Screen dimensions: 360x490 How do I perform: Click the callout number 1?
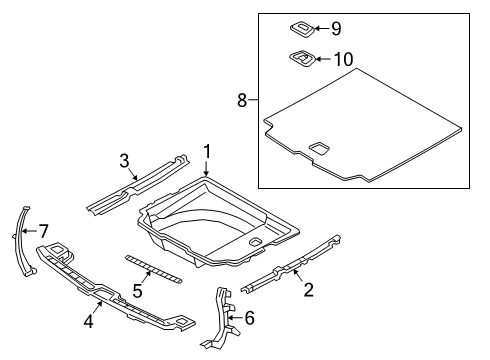[x=207, y=151]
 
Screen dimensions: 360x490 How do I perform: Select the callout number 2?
[x=308, y=290]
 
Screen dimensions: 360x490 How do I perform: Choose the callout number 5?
[x=139, y=291]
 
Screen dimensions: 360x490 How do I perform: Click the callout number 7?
[x=42, y=232]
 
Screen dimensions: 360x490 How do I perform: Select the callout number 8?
[x=241, y=100]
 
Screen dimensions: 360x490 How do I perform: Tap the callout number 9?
[x=336, y=29]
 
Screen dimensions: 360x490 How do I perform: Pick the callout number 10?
[x=342, y=59]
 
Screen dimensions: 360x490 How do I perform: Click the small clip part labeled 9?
[x=301, y=29]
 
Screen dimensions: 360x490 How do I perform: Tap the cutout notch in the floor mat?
[x=322, y=148]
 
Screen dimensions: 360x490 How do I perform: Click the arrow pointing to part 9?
[x=321, y=29]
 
